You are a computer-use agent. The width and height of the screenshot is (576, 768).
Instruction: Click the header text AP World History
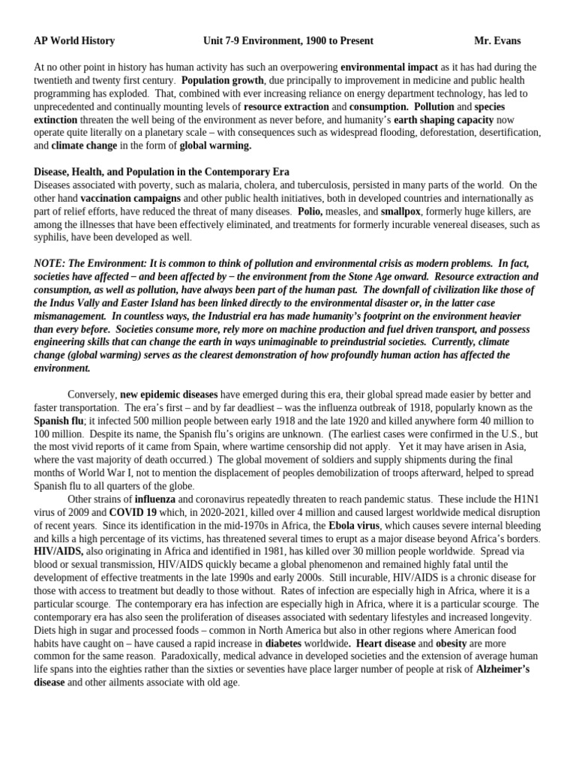tap(74, 40)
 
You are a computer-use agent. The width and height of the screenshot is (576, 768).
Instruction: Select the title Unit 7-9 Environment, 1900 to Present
tap(288, 40)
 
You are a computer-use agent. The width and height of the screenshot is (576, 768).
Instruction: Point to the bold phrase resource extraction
tap(286, 106)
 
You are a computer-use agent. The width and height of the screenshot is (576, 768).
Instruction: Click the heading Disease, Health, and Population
tap(161, 172)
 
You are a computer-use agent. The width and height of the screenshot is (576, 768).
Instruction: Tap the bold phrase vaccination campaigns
tap(130, 198)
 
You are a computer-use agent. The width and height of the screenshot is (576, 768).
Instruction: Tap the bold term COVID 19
tap(133, 512)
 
